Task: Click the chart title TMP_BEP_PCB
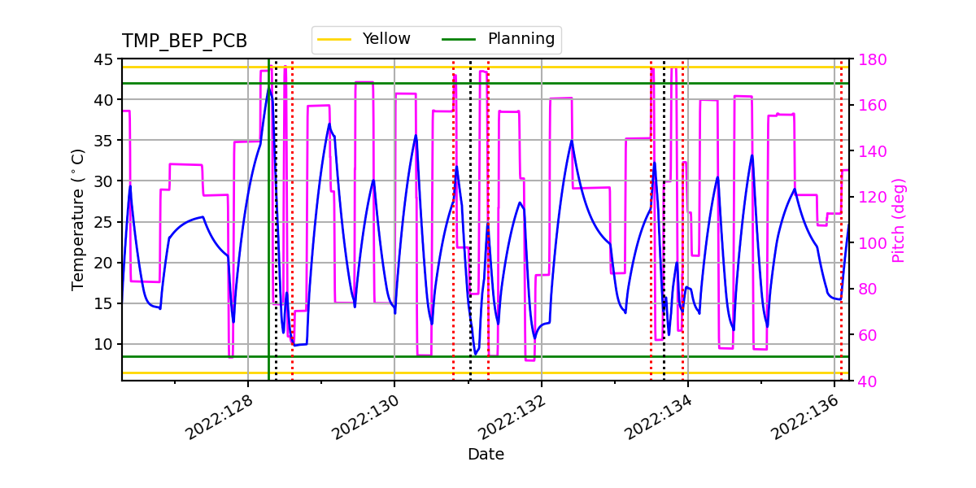click(x=185, y=41)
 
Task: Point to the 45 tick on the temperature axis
click(x=105, y=59)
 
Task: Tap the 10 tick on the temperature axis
click(x=105, y=344)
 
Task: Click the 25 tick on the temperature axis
click(x=105, y=222)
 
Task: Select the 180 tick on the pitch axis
click(x=868, y=59)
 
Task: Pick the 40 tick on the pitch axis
click(x=864, y=381)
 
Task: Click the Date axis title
click(x=486, y=455)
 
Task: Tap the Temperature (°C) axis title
click(x=78, y=220)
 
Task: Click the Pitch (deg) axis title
click(x=899, y=220)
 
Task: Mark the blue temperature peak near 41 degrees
click(x=269, y=87)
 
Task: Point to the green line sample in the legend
click(x=460, y=39)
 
